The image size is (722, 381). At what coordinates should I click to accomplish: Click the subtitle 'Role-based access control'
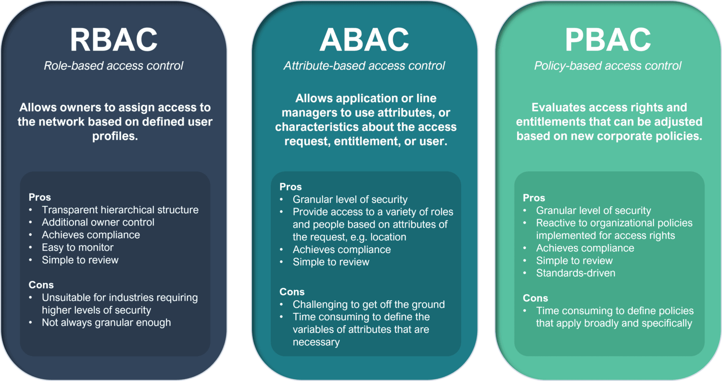[113, 65]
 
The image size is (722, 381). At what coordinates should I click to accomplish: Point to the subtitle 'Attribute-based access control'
[364, 65]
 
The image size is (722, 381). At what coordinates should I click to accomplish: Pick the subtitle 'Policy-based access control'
[607, 65]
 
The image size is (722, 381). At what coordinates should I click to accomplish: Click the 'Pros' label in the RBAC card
[39, 197]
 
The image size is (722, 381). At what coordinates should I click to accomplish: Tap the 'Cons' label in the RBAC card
[41, 285]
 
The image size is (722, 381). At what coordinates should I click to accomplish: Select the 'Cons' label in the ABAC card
[292, 292]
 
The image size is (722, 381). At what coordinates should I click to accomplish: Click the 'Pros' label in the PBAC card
[534, 198]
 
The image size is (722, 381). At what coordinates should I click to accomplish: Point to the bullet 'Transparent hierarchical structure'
[120, 210]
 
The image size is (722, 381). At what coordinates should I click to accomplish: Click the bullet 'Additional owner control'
[98, 222]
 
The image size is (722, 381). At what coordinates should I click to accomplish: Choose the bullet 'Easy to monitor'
[78, 247]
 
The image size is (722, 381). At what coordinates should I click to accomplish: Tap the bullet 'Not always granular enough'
[106, 322]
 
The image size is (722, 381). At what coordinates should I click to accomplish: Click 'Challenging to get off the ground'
[369, 304]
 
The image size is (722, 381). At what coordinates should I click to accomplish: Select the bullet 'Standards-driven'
[575, 273]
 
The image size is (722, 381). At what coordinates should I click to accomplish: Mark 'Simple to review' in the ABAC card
[331, 262]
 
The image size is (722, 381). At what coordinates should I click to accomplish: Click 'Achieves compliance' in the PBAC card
[585, 248]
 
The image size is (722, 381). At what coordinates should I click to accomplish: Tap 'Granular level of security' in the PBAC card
[593, 210]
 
